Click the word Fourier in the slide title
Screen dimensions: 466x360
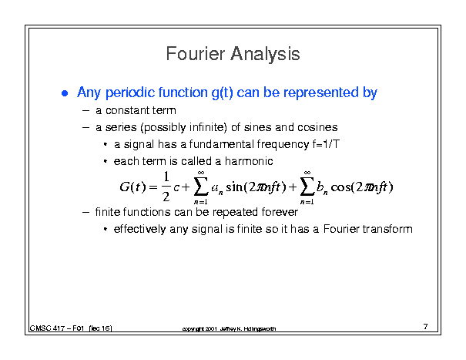point(195,54)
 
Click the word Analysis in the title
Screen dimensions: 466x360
point(266,55)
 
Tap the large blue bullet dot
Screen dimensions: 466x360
point(65,93)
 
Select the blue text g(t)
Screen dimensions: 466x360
point(222,93)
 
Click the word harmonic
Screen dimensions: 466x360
point(249,161)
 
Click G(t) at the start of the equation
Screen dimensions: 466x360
point(132,187)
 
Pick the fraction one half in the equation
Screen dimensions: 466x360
point(166,187)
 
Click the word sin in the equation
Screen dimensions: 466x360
point(234,187)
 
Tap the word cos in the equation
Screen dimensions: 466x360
point(340,187)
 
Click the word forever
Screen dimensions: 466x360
point(280,212)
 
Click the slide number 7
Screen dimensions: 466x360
point(426,327)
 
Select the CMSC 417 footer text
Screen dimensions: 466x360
point(71,328)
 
